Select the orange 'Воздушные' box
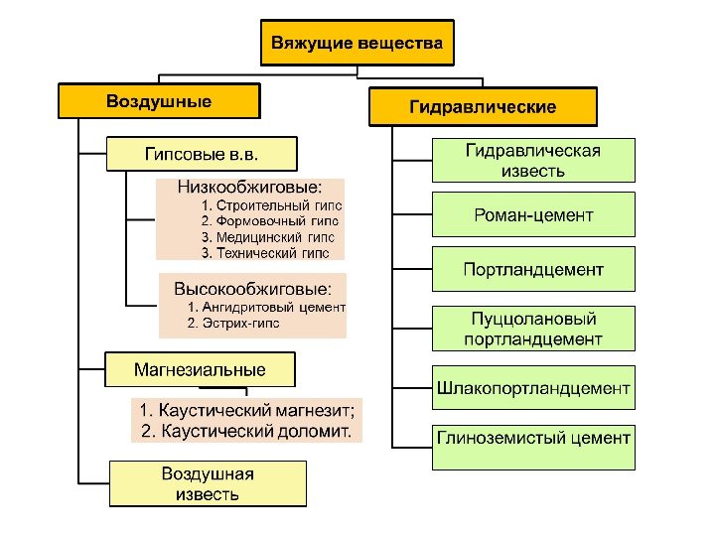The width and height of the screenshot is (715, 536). point(159,101)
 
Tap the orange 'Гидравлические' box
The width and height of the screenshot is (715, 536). point(483,106)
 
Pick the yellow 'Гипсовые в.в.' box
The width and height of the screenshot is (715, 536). point(202,154)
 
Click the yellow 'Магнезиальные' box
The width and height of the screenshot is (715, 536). point(201,370)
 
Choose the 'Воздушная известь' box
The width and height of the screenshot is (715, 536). point(208,483)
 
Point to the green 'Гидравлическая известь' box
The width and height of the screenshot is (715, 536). point(532,160)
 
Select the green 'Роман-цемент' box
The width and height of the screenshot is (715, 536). point(532,214)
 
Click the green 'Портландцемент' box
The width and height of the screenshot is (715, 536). point(532,269)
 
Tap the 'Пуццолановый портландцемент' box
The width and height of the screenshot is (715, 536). point(532,329)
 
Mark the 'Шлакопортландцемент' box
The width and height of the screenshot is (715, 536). point(532,387)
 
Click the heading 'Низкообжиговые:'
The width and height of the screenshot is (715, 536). point(249,187)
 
